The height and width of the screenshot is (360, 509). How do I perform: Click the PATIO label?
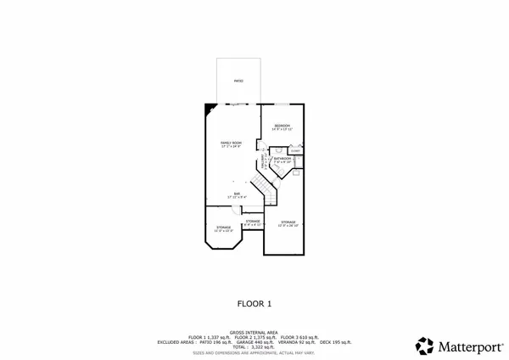[239, 81]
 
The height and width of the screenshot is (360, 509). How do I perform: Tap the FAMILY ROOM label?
[232, 143]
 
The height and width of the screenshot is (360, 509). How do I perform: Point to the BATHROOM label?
[283, 159]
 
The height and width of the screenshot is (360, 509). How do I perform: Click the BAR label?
[237, 194]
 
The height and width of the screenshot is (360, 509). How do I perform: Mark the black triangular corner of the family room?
[209, 109]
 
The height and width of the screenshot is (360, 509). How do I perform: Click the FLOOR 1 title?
[254, 303]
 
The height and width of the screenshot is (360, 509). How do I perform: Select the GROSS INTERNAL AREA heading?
[254, 332]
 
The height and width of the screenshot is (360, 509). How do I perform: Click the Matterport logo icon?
[424, 346]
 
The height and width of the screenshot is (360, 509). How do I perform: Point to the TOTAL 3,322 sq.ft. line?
[255, 347]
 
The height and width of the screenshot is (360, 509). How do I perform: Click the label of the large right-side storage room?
[283, 223]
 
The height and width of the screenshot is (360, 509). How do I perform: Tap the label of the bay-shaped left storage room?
[224, 228]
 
